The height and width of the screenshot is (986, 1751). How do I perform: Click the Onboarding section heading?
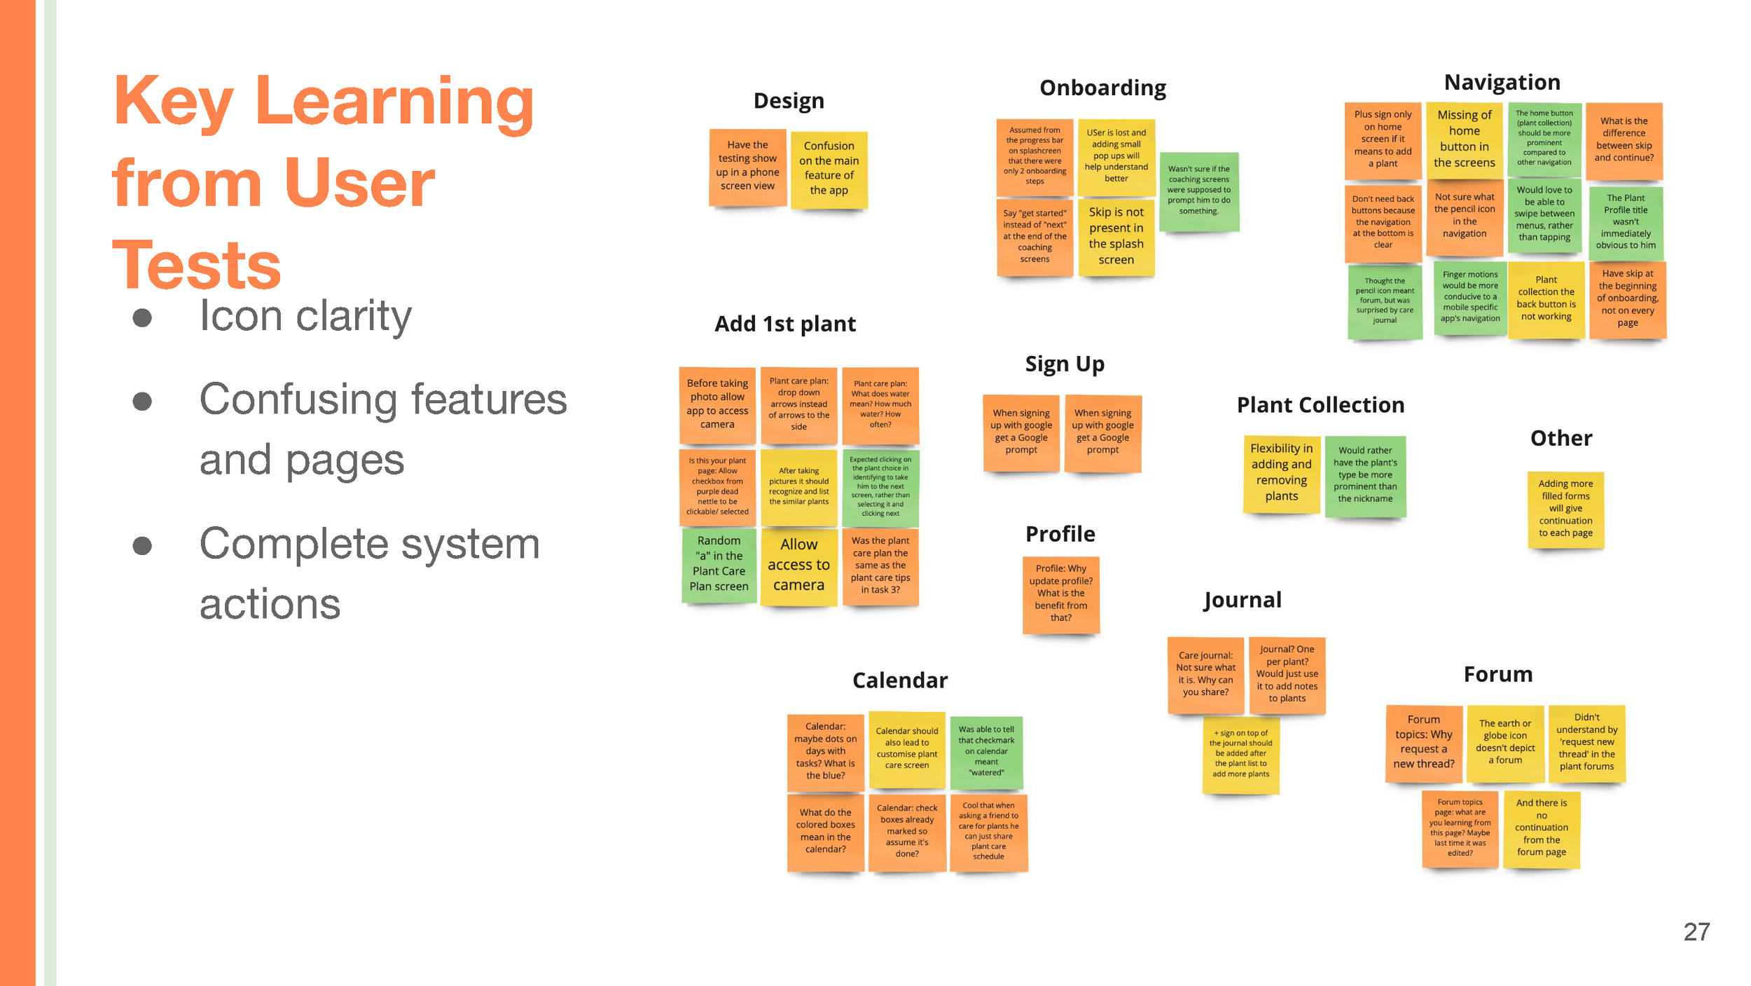1102,88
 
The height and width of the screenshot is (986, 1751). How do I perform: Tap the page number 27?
1696,932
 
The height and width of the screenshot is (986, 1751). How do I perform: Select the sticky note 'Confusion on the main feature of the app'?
829,168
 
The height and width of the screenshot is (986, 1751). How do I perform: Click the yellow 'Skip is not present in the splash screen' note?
1116,236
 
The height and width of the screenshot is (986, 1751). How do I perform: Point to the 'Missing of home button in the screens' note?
1464,139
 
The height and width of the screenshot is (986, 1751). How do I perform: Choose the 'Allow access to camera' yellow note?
798,565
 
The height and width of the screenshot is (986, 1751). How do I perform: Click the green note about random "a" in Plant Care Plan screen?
719,564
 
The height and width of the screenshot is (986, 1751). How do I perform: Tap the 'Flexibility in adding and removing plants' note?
1281,473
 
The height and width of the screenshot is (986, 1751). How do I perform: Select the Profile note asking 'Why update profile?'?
1060,594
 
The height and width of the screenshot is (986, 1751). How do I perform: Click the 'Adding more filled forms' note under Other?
1565,509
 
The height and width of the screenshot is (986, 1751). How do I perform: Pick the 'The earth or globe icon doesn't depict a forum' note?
1505,742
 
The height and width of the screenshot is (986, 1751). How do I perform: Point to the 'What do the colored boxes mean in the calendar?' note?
825,831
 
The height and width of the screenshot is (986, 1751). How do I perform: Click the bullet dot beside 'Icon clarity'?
142,317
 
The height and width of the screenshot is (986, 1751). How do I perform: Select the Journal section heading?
1243,600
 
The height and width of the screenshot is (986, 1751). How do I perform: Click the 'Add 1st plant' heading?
785,324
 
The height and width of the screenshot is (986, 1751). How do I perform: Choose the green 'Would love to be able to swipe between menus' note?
1544,214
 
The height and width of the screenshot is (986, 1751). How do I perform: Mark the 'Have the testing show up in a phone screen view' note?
747,166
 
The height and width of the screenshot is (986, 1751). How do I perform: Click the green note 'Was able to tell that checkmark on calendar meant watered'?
986,752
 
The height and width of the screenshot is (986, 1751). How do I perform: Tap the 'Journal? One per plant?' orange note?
1287,674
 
